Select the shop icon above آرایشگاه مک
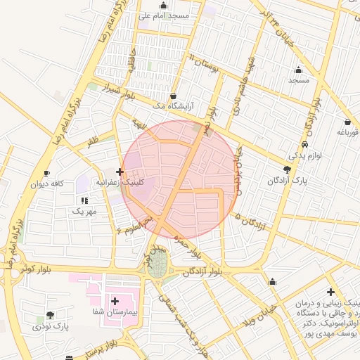click(174, 96)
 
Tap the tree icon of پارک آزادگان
click(287, 169)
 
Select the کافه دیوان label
click(47, 184)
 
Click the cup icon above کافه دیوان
click(46, 173)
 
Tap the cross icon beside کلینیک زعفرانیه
click(120, 172)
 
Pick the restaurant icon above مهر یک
click(84, 200)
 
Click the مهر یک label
click(83, 211)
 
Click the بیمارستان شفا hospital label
click(113, 311)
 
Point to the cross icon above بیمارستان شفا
click(115, 300)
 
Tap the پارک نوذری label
click(52, 326)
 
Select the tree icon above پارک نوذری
click(49, 315)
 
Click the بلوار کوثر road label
click(36, 269)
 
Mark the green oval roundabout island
click(158, 266)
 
